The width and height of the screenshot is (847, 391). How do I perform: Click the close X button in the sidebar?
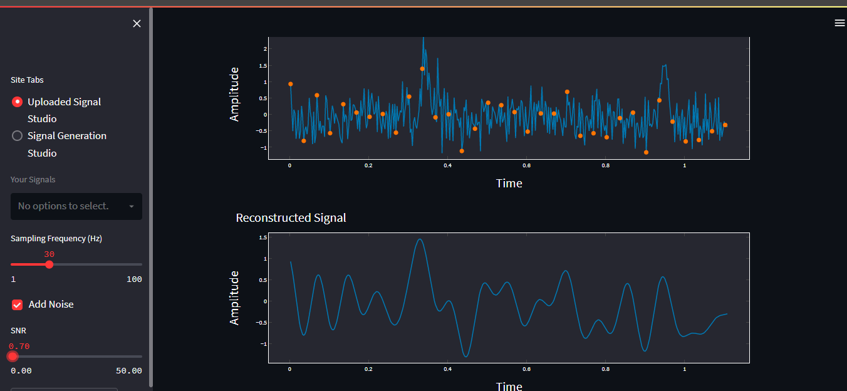pyautogui.click(x=137, y=24)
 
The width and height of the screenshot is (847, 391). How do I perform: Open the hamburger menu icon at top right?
pyautogui.click(x=839, y=23)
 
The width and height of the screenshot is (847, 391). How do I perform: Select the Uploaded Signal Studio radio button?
pyautogui.click(x=18, y=102)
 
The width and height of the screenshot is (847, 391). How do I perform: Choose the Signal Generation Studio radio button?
pyautogui.click(x=18, y=136)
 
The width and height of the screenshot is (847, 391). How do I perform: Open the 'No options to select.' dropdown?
pyautogui.click(x=76, y=206)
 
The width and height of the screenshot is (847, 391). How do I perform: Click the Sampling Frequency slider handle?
pyautogui.click(x=49, y=264)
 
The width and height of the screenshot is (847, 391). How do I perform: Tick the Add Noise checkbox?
pyautogui.click(x=18, y=305)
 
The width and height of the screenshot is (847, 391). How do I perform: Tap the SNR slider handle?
pyautogui.click(x=13, y=357)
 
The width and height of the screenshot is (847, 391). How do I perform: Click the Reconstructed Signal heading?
pyautogui.click(x=291, y=218)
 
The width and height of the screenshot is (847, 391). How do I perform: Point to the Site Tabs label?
pyautogui.click(x=27, y=80)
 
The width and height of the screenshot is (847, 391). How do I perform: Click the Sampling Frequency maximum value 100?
pyautogui.click(x=134, y=279)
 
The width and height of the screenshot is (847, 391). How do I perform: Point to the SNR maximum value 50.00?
pyautogui.click(x=128, y=371)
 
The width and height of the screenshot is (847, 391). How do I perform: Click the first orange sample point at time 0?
pyautogui.click(x=290, y=84)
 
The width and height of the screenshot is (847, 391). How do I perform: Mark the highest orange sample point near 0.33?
pyautogui.click(x=422, y=69)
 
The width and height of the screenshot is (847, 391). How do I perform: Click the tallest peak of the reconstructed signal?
pyautogui.click(x=420, y=239)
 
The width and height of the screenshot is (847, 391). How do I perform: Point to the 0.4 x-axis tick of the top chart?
pyautogui.click(x=447, y=166)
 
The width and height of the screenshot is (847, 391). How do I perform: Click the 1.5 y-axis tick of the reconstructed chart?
pyautogui.click(x=262, y=237)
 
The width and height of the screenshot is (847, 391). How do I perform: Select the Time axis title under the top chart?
pyautogui.click(x=509, y=184)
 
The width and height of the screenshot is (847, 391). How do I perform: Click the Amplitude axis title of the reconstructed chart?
pyautogui.click(x=235, y=298)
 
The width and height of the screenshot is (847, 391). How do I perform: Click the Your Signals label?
pyautogui.click(x=33, y=180)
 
